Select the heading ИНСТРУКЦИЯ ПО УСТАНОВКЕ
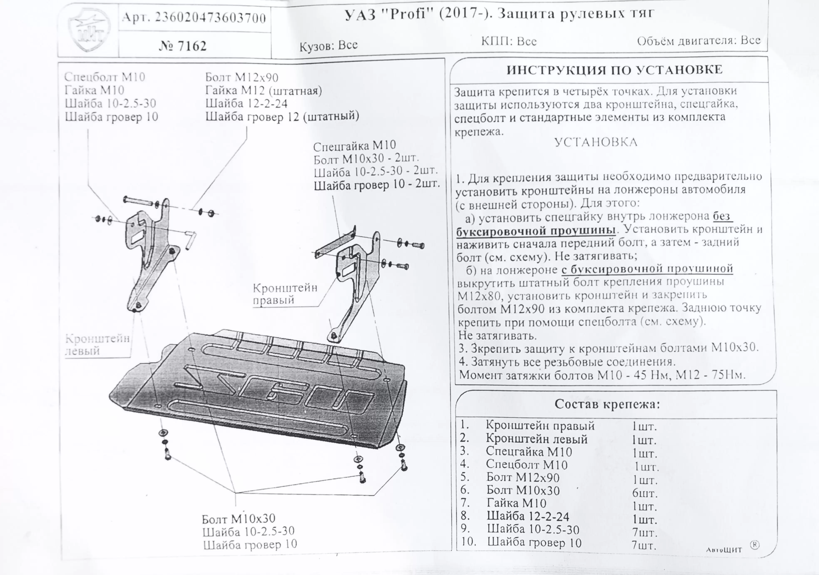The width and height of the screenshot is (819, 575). click(x=614, y=70)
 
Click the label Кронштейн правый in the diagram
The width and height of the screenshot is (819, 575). click(x=285, y=294)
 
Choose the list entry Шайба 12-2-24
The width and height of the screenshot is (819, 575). click(x=528, y=516)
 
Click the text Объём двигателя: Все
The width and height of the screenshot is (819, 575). click(x=699, y=40)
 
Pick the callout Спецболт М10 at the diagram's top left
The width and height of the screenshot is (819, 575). click(x=104, y=77)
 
